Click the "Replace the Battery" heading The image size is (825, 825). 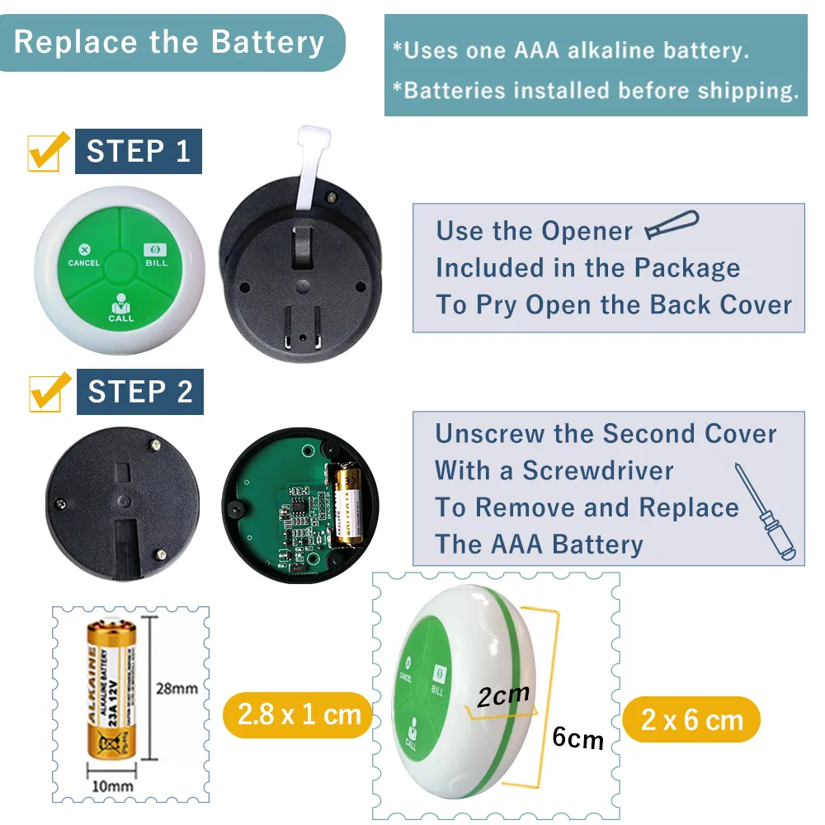(169, 42)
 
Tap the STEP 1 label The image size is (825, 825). (139, 151)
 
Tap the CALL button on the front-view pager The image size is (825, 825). (120, 306)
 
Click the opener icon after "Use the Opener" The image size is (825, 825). (671, 225)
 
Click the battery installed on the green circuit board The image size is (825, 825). (347, 504)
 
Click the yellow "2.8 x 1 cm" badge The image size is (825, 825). (299, 714)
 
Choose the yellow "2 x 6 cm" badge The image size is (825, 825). (691, 719)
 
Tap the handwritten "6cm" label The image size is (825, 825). (577, 737)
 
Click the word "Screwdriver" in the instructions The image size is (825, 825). (598, 470)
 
